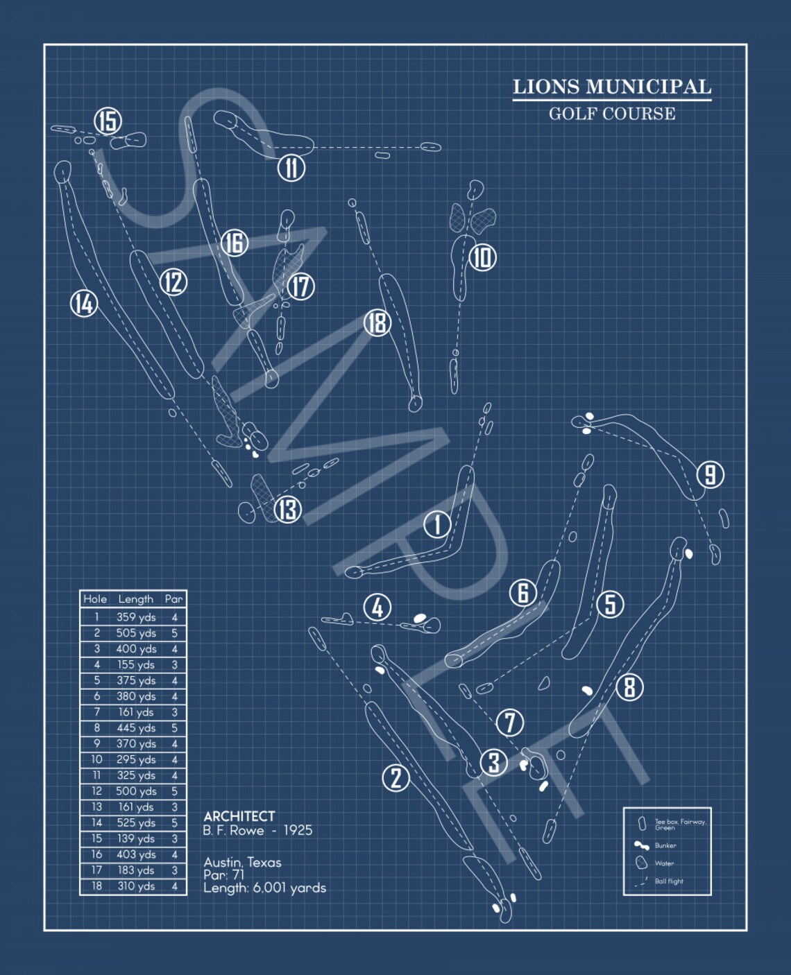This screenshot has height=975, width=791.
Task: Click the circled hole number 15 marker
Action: (x=108, y=121)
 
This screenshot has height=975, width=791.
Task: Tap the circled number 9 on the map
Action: (x=710, y=475)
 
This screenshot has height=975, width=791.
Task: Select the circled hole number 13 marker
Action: (x=287, y=510)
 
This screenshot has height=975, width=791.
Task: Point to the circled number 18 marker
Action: (x=377, y=322)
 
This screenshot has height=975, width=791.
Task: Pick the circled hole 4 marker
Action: (x=377, y=608)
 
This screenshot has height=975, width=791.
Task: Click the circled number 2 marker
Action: (x=395, y=777)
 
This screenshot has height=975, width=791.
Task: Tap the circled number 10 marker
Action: (x=482, y=257)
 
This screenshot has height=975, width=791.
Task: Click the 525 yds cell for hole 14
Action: (x=136, y=823)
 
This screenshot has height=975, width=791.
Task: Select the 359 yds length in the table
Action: (x=136, y=617)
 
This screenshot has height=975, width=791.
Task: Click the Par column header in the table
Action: (x=173, y=599)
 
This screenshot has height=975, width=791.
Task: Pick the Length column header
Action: (x=136, y=599)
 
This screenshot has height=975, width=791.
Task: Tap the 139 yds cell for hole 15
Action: (x=136, y=839)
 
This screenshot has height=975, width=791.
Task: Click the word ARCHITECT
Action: (x=239, y=816)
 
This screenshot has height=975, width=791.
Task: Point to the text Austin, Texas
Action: (x=242, y=863)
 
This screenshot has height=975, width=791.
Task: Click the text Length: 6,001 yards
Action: (x=264, y=888)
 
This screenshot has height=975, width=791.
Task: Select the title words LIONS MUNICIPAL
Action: (x=612, y=87)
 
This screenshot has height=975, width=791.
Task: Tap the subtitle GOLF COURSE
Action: (x=612, y=114)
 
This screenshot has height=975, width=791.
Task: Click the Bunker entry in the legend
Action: (x=665, y=845)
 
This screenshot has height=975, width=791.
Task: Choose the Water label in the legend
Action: (x=664, y=863)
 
